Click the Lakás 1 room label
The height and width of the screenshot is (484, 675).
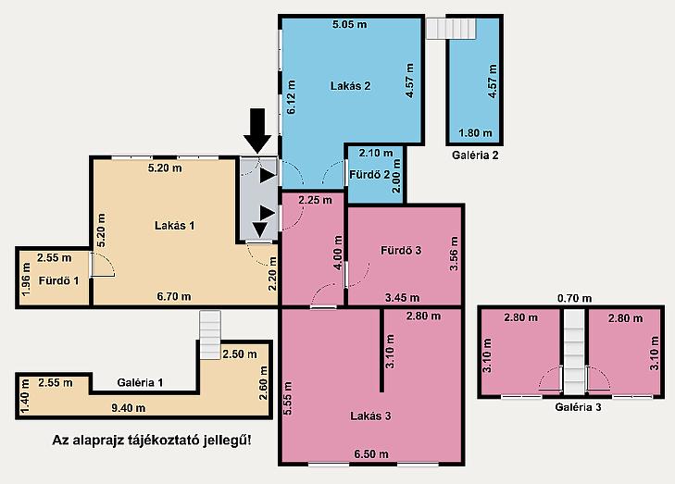[174, 226]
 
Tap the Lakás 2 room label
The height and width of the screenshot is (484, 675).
[350, 86]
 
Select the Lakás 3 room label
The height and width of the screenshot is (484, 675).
[370, 416]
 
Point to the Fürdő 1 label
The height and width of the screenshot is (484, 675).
[59, 281]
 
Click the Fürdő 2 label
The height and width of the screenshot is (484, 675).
[369, 175]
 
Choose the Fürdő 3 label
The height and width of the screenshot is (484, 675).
[401, 250]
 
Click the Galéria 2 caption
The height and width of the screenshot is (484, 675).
[475, 155]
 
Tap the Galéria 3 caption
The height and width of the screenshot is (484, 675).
[578, 406]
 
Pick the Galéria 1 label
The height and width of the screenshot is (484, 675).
[141, 382]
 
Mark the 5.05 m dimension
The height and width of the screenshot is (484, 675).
[350, 24]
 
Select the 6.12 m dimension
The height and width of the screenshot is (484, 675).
[292, 97]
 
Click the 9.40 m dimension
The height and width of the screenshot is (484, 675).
[129, 408]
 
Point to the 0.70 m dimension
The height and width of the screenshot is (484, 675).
[574, 298]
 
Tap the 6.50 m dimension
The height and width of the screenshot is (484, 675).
[371, 453]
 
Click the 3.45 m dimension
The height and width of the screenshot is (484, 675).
[402, 297]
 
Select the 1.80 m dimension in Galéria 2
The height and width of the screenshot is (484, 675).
[475, 133]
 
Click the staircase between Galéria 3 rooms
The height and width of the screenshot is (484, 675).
[575, 352]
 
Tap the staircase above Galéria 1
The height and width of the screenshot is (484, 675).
[210, 335]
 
